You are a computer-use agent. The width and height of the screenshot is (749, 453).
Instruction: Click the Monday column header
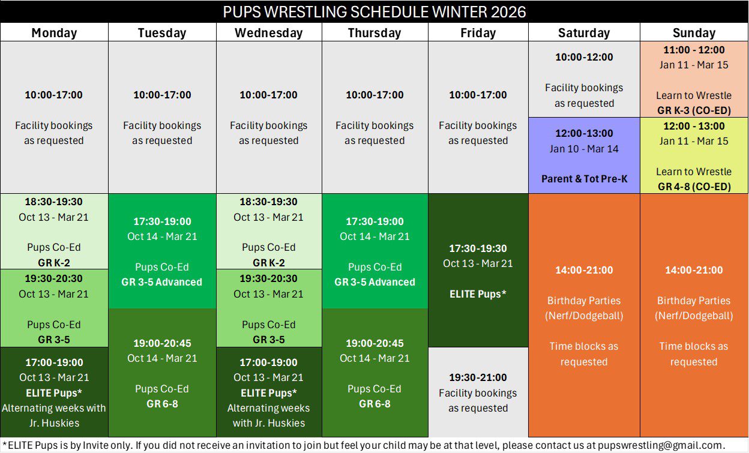pyautogui.click(x=54, y=33)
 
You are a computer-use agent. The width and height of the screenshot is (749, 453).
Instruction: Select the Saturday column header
pyautogui.click(x=583, y=33)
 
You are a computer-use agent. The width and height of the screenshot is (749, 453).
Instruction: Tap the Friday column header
pyautogui.click(x=478, y=33)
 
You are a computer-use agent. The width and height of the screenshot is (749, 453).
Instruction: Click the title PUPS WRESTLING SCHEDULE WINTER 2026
pyautogui.click(x=374, y=12)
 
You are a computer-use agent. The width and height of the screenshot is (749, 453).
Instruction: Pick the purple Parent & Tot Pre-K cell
pyautogui.click(x=584, y=155)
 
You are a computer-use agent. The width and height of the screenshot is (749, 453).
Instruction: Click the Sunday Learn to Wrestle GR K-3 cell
pyautogui.click(x=694, y=80)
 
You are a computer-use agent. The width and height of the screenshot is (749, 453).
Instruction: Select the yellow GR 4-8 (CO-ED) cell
pyautogui.click(x=694, y=156)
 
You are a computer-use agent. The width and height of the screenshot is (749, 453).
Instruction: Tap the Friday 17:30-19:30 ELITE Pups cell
pyautogui.click(x=478, y=271)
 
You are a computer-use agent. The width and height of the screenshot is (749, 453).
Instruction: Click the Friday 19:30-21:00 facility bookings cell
pyautogui.click(x=478, y=392)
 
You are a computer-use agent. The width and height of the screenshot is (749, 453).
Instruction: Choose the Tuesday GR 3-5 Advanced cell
pyautogui.click(x=162, y=251)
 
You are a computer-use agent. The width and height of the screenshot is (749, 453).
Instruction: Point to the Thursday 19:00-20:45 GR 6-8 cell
pyautogui.click(x=374, y=373)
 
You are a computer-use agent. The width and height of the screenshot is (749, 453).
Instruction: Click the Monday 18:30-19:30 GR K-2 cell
pyautogui.click(x=54, y=232)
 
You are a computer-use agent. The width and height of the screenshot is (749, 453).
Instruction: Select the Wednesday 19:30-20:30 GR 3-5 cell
pyautogui.click(x=268, y=308)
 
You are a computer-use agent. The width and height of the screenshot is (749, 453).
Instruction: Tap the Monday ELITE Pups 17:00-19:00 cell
pyautogui.click(x=54, y=392)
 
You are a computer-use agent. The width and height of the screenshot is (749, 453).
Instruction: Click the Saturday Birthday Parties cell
pyautogui.click(x=584, y=316)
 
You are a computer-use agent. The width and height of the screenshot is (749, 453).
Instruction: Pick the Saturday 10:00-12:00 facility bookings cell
pyautogui.click(x=584, y=80)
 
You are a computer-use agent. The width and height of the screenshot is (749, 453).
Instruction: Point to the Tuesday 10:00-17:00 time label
pyautogui.click(x=162, y=95)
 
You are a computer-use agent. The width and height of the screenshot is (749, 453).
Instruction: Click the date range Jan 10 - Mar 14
pyautogui.click(x=584, y=149)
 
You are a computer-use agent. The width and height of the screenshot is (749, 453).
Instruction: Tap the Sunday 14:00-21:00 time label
pyautogui.click(x=694, y=270)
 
